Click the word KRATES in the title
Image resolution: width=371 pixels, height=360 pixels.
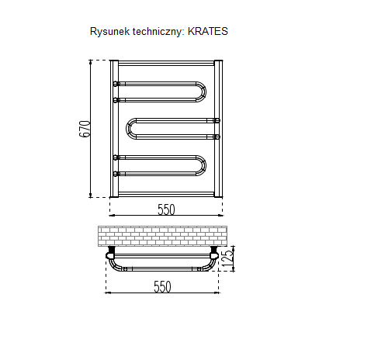(x=207, y=31)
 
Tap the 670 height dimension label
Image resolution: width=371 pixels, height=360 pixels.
(x=85, y=129)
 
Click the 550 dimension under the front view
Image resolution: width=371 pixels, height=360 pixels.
(x=166, y=209)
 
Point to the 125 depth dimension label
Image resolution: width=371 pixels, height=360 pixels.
(x=227, y=258)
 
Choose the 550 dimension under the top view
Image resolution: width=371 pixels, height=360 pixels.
(x=162, y=287)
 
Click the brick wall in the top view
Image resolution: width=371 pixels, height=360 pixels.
(x=162, y=236)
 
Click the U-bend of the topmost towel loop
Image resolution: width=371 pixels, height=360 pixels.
(x=203, y=92)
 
